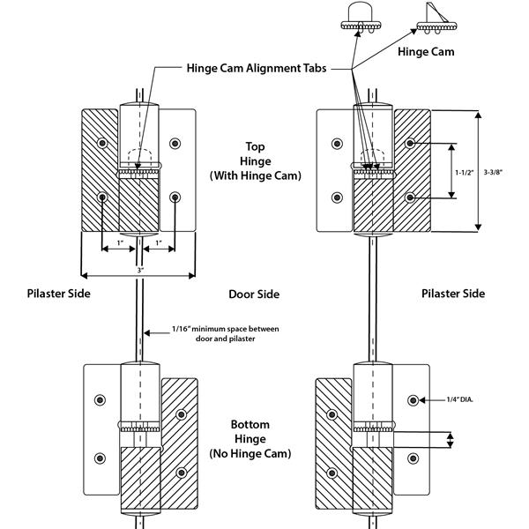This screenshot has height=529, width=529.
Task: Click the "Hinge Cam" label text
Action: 426,52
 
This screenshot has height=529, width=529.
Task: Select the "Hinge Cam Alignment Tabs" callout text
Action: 257,68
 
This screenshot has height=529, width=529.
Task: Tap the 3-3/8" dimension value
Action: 493,173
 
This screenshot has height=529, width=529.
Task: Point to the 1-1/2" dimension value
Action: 465,173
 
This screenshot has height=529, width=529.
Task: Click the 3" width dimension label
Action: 140,270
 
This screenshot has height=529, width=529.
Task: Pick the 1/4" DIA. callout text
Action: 460,399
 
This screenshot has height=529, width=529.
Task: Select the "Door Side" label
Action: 254,294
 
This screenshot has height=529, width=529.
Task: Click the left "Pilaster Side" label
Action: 59,294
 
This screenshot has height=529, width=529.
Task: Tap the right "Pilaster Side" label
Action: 453,294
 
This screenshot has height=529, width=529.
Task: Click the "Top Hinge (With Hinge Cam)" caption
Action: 255,161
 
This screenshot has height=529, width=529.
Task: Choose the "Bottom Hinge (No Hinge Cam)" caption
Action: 250,439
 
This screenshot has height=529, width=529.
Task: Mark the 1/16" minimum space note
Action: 226,333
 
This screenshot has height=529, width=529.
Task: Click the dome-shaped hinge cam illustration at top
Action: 361,17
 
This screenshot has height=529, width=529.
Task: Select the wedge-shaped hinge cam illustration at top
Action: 436,20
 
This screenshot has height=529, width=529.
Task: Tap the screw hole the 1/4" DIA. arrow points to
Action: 413,400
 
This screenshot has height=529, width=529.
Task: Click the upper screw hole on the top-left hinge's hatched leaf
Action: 102,143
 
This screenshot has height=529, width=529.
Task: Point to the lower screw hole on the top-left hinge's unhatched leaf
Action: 175,197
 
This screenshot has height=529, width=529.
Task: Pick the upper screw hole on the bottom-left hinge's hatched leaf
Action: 181,414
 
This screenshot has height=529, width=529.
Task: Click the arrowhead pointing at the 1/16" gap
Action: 147,333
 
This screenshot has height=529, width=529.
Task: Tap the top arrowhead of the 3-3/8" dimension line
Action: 478,115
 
